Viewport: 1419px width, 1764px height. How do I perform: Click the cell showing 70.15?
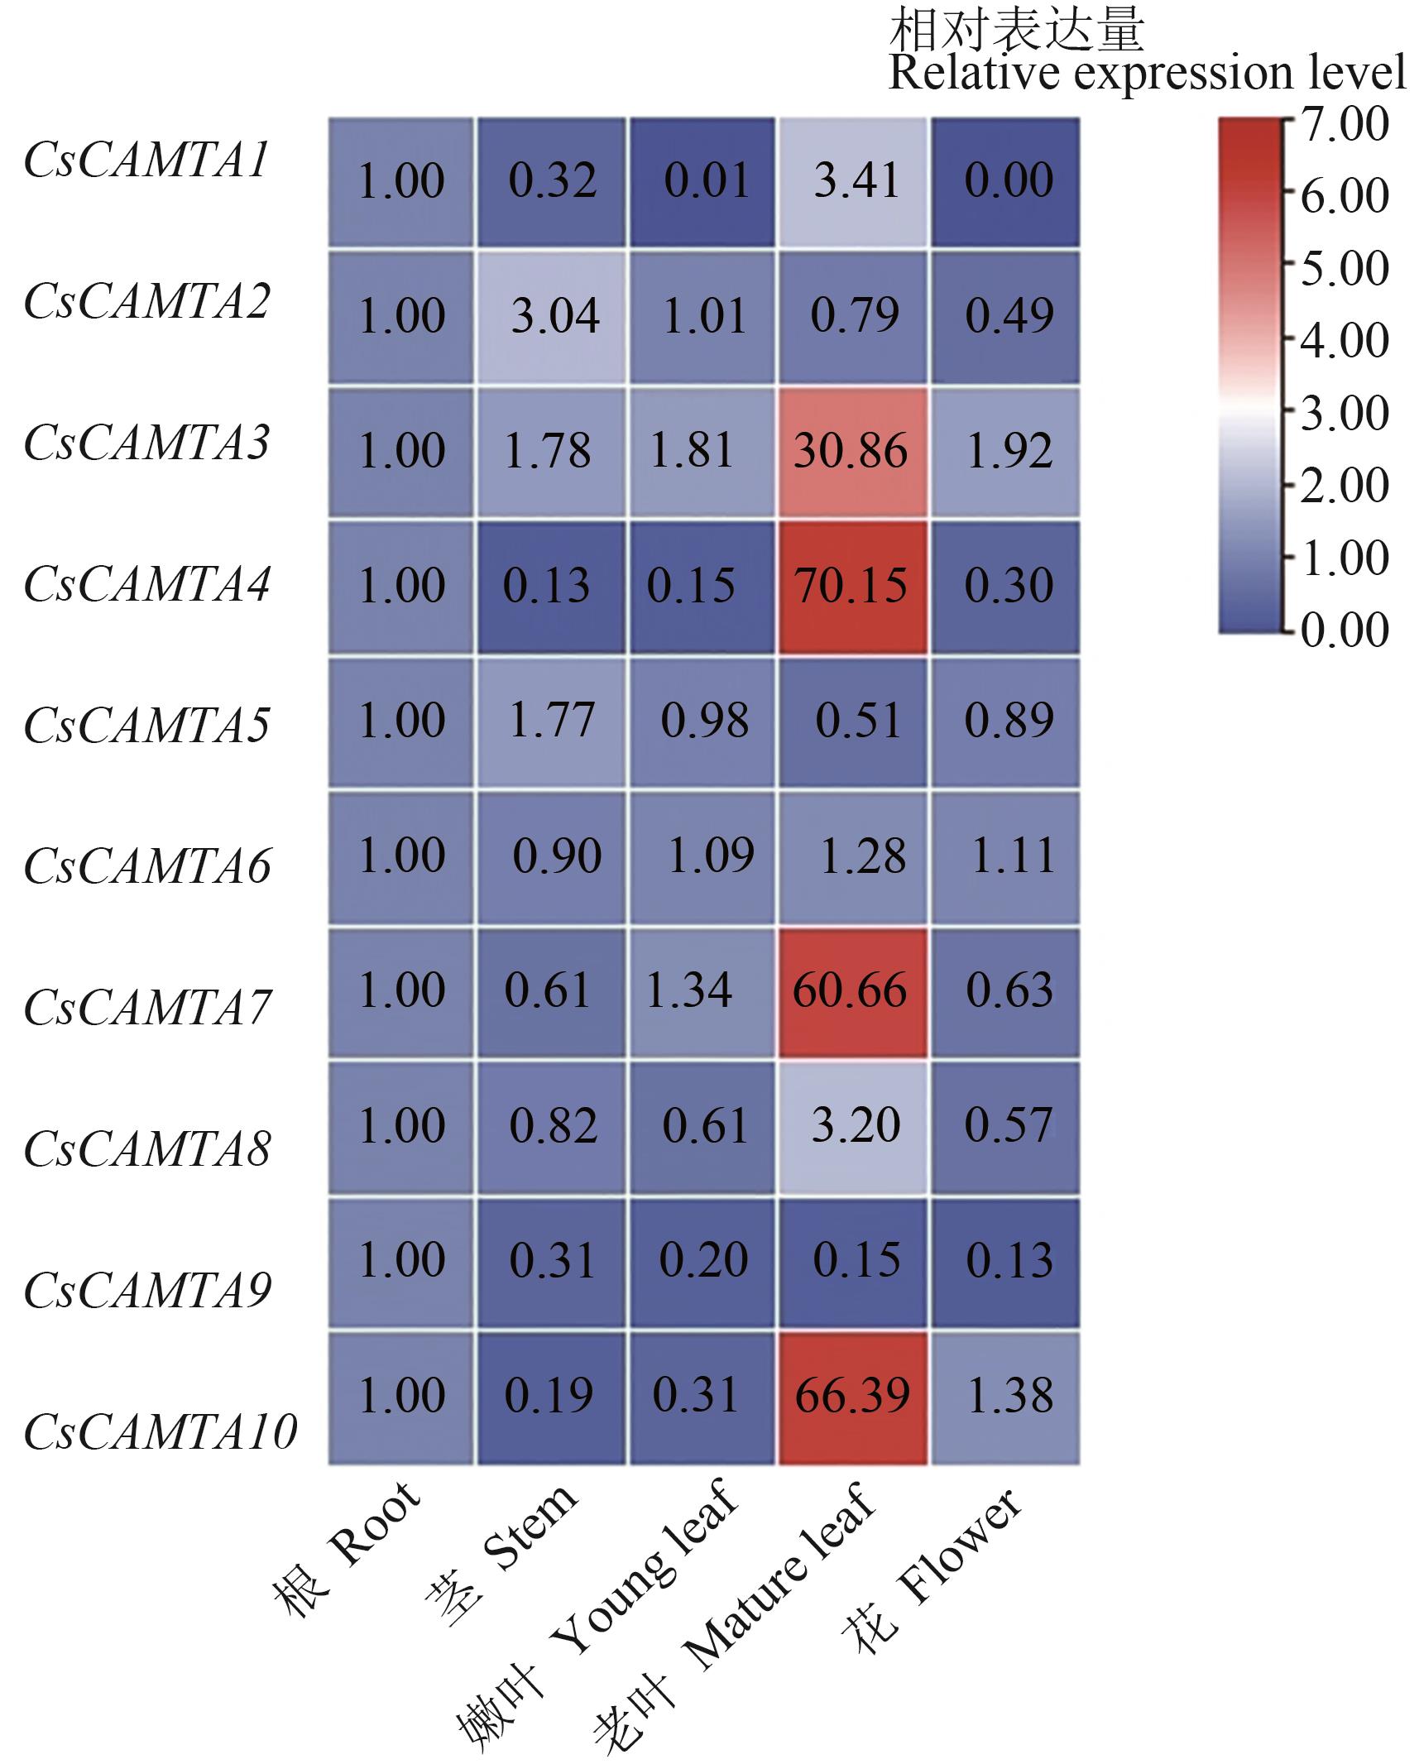tap(852, 587)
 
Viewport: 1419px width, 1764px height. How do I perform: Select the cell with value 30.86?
tap(852, 452)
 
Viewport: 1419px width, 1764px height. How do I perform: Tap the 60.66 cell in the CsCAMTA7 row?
tap(852, 991)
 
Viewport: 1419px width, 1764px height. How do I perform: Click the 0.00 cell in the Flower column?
tap(1006, 181)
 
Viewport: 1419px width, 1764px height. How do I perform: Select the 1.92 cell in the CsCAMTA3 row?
tap(1006, 452)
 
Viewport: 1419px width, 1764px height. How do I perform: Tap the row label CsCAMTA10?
tap(160, 1431)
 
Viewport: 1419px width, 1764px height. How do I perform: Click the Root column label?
tap(348, 1547)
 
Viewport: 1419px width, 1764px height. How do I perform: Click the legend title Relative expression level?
tap(1146, 73)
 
